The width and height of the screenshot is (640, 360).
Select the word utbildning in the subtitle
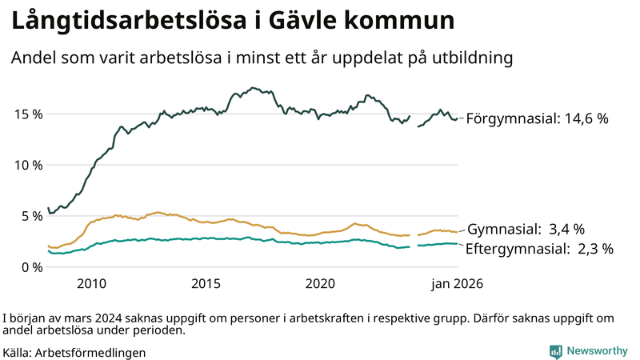click(x=468, y=58)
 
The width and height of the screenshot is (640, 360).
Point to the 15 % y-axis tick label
click(x=28, y=114)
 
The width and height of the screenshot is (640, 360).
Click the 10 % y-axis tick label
click(x=28, y=165)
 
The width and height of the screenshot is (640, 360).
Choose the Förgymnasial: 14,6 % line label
click(x=537, y=118)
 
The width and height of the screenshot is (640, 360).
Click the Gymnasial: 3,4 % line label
click(x=526, y=229)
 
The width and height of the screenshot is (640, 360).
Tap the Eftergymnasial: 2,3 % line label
click(x=539, y=249)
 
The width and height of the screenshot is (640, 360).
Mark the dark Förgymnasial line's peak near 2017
click(x=253, y=88)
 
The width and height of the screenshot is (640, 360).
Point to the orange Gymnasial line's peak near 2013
click(x=158, y=213)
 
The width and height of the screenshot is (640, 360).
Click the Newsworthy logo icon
click(x=555, y=351)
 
